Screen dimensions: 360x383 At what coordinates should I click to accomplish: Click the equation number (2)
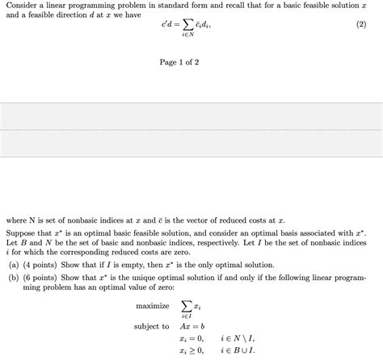361,26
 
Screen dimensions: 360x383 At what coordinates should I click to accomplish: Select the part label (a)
14,265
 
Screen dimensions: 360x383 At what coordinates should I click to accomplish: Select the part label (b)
14,277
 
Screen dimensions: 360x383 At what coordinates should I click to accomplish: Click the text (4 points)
42,265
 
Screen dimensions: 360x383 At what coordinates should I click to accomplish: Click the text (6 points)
42,277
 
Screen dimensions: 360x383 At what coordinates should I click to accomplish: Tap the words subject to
152,327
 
